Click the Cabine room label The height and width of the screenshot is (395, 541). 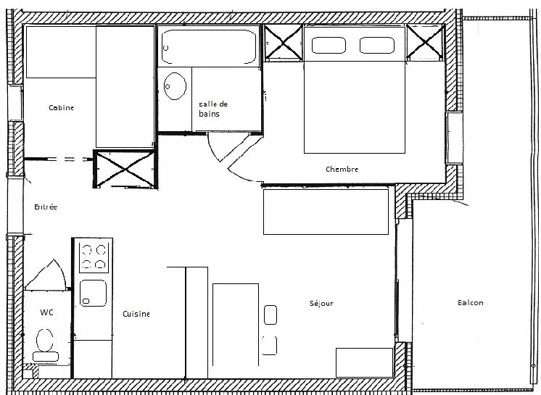coord(62,107)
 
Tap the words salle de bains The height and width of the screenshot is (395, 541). coord(213,109)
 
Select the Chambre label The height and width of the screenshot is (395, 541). coord(342,170)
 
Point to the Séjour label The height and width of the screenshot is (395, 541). coord(321,303)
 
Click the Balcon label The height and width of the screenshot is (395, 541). coord(470,303)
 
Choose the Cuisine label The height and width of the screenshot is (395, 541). coord(136,314)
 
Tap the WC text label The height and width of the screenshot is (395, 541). coord(46,312)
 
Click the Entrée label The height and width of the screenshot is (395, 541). coord(46,207)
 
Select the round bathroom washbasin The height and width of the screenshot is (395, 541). coord(175,86)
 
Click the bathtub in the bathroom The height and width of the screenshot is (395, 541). coord(209,46)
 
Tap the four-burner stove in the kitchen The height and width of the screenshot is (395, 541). coord(93,257)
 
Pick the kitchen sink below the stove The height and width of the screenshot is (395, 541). coord(93,293)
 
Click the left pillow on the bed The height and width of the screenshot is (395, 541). coord(329,45)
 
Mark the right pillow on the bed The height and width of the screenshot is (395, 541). coord(377,45)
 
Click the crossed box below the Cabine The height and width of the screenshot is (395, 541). coord(125,169)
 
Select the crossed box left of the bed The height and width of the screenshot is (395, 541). coord(284,43)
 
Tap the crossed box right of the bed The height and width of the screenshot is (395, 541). coord(425,42)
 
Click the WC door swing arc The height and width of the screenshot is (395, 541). coord(59,273)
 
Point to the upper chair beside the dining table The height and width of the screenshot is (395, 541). coord(270,315)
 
